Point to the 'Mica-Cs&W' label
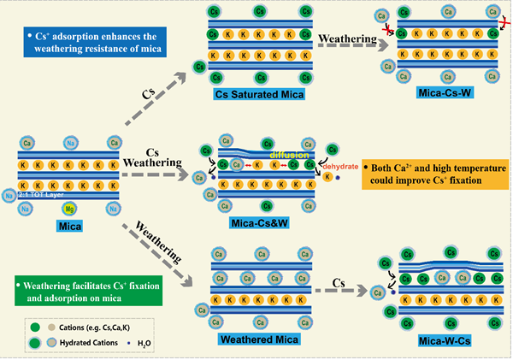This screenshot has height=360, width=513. point(256,225)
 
